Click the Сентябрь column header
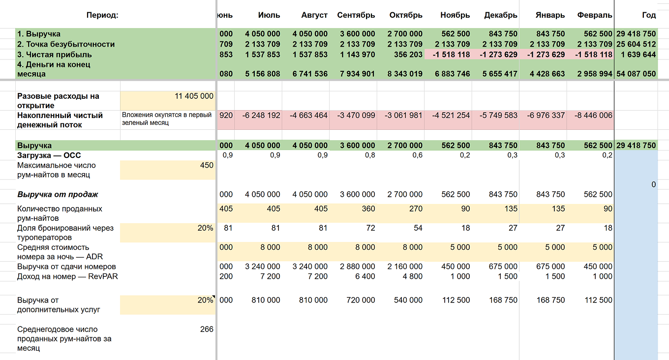[x=356, y=15]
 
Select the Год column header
[x=649, y=15]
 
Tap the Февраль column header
[x=594, y=15]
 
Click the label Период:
[x=102, y=15]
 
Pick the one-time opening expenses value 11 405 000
[x=194, y=96]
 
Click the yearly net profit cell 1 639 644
[x=638, y=55]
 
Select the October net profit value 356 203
[x=408, y=55]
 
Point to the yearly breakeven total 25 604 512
[x=636, y=44]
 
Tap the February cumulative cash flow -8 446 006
[x=593, y=116]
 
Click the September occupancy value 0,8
[x=370, y=155]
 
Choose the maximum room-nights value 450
[x=207, y=165]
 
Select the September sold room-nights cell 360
[x=368, y=209]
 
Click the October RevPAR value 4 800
[x=412, y=276]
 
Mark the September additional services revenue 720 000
[x=361, y=300]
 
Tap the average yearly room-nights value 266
[x=207, y=329]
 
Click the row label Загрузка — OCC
[x=49, y=155]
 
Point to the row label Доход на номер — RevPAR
[x=67, y=276]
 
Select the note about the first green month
[x=167, y=119]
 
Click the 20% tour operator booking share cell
[x=205, y=228]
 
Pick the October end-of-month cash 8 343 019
[x=405, y=74]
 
